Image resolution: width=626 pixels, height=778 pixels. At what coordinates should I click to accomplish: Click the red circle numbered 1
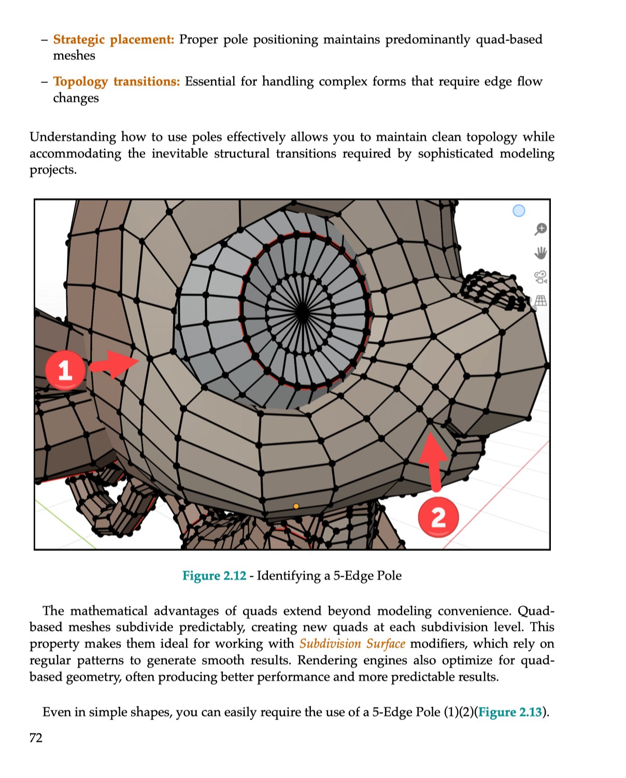[x=65, y=370]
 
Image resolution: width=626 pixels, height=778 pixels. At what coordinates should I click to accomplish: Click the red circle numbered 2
[x=438, y=517]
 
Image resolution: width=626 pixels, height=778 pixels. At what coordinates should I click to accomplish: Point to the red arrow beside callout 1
[x=114, y=364]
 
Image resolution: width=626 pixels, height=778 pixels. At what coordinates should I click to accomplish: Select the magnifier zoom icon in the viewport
[x=540, y=229]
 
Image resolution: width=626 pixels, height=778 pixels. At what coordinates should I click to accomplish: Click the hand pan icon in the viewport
[x=540, y=253]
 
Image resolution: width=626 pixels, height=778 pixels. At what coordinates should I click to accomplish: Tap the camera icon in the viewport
[x=540, y=277]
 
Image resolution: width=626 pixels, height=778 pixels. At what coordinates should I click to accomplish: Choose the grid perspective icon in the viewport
[x=540, y=301]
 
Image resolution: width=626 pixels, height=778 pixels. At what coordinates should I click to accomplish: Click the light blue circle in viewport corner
[x=519, y=211]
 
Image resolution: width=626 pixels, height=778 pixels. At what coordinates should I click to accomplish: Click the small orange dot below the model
[x=296, y=506]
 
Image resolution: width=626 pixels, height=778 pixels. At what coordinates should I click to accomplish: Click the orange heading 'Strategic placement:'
[x=113, y=39]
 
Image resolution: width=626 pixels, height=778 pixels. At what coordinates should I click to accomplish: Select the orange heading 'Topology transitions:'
[x=117, y=81]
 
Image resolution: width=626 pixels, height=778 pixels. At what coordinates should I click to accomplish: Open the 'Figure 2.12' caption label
[x=214, y=576]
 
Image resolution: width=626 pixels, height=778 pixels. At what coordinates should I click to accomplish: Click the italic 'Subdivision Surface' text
[x=352, y=644]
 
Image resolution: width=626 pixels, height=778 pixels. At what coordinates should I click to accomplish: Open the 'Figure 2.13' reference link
[x=510, y=712]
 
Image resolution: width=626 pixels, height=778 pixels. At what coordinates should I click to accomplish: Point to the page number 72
[x=36, y=738]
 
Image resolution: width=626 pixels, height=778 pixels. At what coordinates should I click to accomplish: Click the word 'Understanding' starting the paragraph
[x=73, y=137]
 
